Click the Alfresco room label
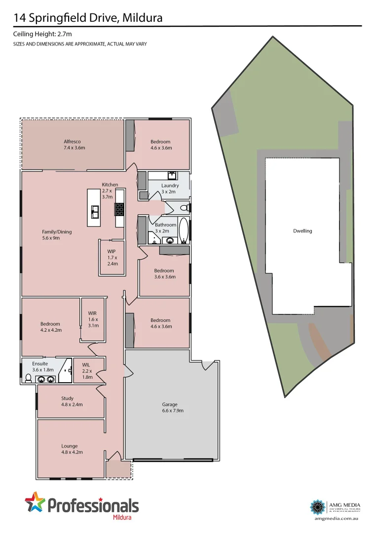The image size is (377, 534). (x=72, y=144)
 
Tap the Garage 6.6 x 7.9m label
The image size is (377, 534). (x=170, y=407)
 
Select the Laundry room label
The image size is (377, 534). (x=170, y=188)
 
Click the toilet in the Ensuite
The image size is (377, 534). (x=28, y=378)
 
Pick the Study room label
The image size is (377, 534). (x=68, y=401)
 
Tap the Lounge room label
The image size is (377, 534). (x=69, y=449)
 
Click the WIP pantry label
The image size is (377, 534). (x=112, y=257)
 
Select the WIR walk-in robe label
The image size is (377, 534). (x=93, y=319)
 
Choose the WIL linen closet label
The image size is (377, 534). (x=87, y=371)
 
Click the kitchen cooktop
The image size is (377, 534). (x=119, y=209)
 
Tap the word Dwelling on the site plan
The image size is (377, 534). (x=302, y=231)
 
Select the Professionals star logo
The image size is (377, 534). (x=35, y=503)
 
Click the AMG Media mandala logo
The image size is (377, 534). (x=317, y=507)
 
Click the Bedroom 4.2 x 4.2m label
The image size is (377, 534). (x=51, y=327)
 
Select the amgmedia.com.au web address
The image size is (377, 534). (x=336, y=518)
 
